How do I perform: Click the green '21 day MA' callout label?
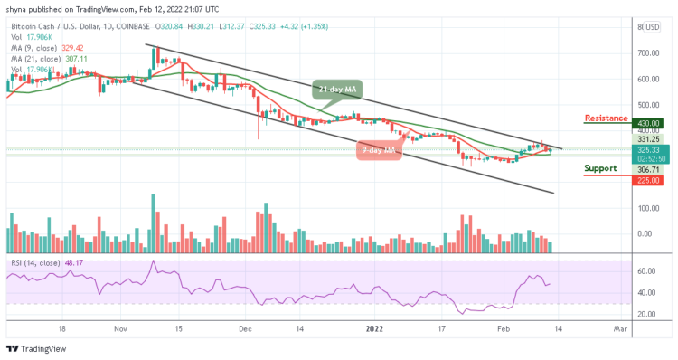tap(338, 90)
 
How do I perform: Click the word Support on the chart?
tap(600, 168)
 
